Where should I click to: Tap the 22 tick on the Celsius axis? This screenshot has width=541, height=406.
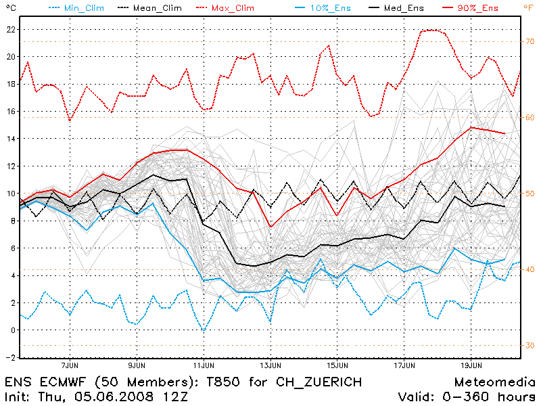click(x=11, y=30)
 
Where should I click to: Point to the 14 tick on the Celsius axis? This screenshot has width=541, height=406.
click(x=11, y=139)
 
